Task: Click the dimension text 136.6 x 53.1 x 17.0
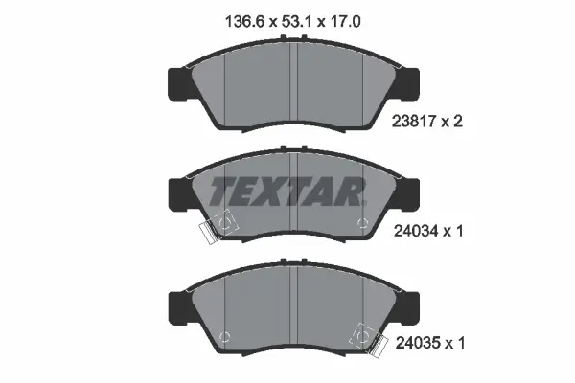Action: (x=292, y=22)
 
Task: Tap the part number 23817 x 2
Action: (x=427, y=121)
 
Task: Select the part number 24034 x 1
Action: (x=428, y=231)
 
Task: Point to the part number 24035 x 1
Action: (x=430, y=343)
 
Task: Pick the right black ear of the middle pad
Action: (x=407, y=194)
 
